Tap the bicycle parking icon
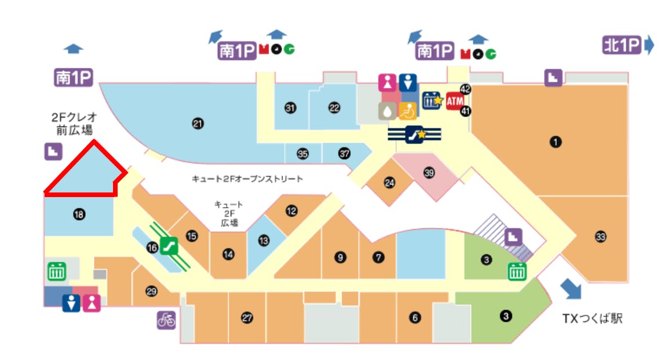click(166, 320)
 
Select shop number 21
click(198, 123)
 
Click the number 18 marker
click(79, 215)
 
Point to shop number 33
click(600, 237)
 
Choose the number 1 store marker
click(556, 141)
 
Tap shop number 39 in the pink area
click(429, 173)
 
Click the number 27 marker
click(247, 318)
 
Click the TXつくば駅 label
click(593, 318)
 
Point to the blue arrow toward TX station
click(571, 288)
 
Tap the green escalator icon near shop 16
click(170, 246)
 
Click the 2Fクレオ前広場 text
click(72, 123)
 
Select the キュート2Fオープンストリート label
click(247, 179)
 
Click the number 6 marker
click(414, 317)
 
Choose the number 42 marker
click(465, 89)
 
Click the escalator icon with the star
click(417, 134)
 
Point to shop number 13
click(264, 240)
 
